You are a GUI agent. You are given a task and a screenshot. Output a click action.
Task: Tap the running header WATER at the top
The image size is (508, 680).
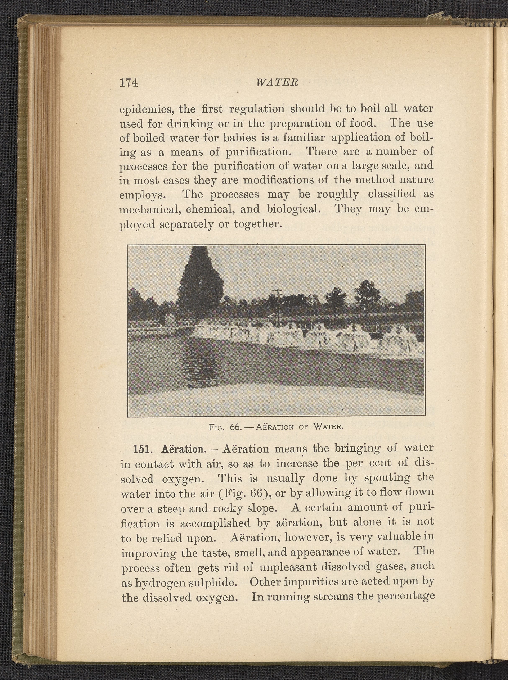pos(277,83)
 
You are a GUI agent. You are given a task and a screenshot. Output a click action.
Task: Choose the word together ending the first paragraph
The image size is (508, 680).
pos(257,224)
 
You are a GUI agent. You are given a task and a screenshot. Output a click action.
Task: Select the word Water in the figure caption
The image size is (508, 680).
pos(328,427)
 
